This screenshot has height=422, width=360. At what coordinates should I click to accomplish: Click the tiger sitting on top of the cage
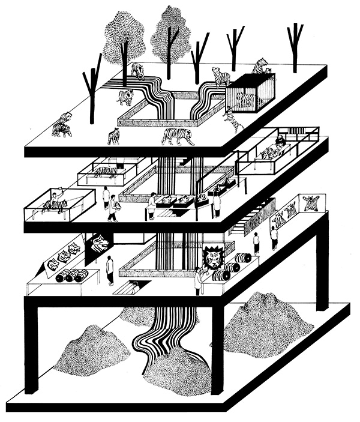(261, 66)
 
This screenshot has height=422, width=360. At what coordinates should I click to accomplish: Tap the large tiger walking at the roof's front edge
(178, 137)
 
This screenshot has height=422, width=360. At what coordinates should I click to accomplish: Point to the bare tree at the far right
(295, 42)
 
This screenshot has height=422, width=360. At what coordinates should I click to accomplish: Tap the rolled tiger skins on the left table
(72, 277)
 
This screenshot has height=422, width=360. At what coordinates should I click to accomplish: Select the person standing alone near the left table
(110, 270)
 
